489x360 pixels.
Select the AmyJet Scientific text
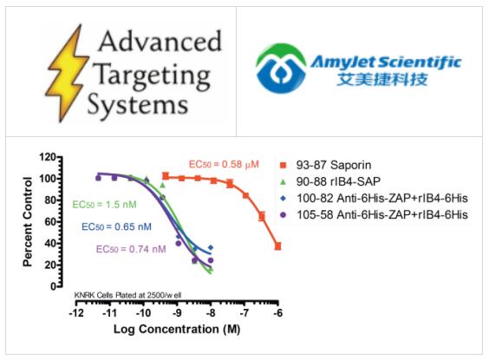[401, 61]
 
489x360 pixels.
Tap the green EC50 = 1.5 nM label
[102, 206]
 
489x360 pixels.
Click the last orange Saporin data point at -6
[277, 246]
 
